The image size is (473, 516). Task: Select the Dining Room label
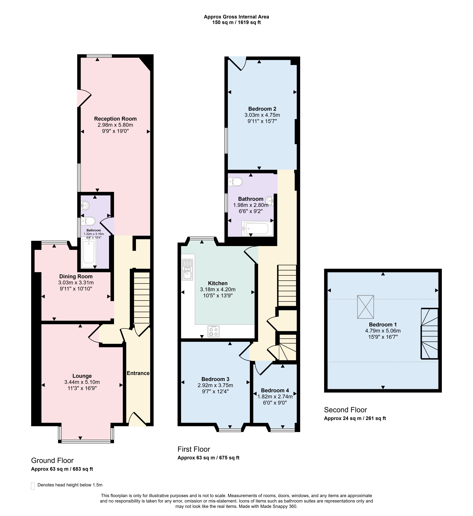(76, 276)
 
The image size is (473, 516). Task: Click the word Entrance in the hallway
(138, 373)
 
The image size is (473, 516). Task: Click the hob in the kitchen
(213, 331)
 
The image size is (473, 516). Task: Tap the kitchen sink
(187, 270)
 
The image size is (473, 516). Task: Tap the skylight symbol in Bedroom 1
(365, 307)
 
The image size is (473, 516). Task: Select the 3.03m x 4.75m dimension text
(262, 115)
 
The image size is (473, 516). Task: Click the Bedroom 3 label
(215, 379)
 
